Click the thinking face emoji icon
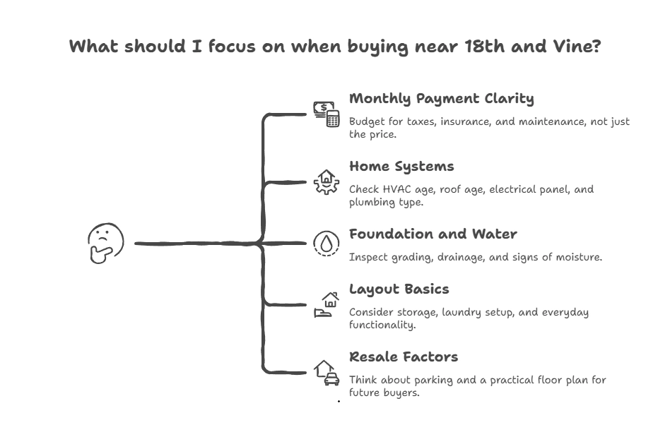106,244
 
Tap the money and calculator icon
327,114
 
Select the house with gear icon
327,181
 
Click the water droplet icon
327,244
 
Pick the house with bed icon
327,305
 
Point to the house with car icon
327,372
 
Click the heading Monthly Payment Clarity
441,98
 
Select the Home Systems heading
401,166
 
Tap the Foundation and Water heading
433,234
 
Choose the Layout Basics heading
399,289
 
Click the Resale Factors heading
403,357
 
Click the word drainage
457,257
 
